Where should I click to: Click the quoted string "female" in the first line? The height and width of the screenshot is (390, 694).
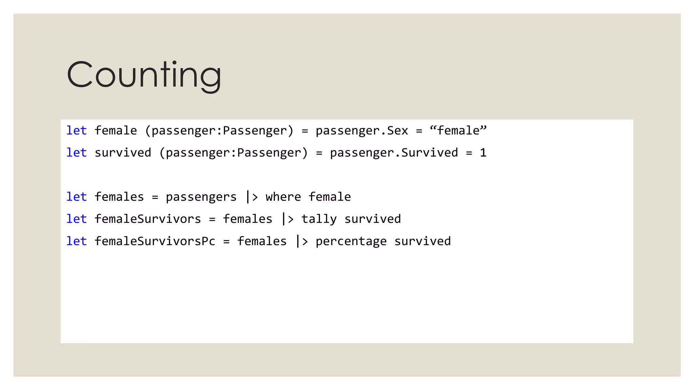click(458, 131)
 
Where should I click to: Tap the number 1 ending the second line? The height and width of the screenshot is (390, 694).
click(483, 153)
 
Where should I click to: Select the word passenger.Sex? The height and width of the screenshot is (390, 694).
click(362, 131)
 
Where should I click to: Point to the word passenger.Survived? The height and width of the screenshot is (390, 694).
click(394, 153)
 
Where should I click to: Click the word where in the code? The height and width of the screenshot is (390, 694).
click(283, 197)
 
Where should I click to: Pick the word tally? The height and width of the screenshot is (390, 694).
click(319, 219)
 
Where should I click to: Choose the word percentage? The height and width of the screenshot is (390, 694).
click(351, 241)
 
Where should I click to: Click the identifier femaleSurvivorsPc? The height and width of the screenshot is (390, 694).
click(155, 241)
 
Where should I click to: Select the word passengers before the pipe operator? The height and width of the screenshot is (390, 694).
click(201, 197)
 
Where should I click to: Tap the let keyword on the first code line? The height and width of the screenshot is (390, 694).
click(77, 131)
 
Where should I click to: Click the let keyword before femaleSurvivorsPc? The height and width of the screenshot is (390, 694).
click(77, 241)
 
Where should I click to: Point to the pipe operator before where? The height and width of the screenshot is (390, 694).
click(252, 197)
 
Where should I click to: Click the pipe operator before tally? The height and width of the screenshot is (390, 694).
click(287, 219)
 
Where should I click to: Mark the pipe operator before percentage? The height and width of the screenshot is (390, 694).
click(302, 241)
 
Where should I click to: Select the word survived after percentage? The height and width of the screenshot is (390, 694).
click(423, 241)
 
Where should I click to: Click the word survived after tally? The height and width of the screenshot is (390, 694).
click(372, 219)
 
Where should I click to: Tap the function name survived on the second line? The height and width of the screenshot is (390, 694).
click(123, 153)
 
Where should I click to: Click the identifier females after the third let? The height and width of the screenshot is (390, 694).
click(119, 197)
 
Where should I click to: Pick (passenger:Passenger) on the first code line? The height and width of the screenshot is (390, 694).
click(219, 131)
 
